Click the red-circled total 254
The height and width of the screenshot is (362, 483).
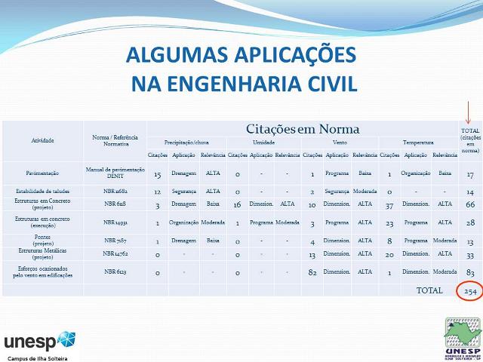click(469, 291)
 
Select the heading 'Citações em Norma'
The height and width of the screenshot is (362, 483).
click(303, 128)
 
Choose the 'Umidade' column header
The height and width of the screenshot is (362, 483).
click(263, 142)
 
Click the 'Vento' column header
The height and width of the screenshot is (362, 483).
click(340, 142)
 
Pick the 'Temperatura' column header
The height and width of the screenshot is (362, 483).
click(417, 142)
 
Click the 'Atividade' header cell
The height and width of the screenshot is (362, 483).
click(42, 141)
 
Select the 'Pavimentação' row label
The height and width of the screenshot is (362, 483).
click(42, 173)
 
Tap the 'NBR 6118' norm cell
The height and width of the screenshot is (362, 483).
click(115, 204)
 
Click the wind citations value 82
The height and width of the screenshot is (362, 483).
click(312, 271)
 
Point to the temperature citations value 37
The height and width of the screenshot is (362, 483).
click(389, 204)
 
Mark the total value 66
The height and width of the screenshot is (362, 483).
click(469, 204)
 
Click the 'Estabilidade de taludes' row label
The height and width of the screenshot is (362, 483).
click(42, 192)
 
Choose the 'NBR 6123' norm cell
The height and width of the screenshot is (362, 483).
click(115, 271)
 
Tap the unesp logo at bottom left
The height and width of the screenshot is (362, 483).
click(40, 339)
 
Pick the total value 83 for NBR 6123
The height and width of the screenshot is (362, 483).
click(469, 271)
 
